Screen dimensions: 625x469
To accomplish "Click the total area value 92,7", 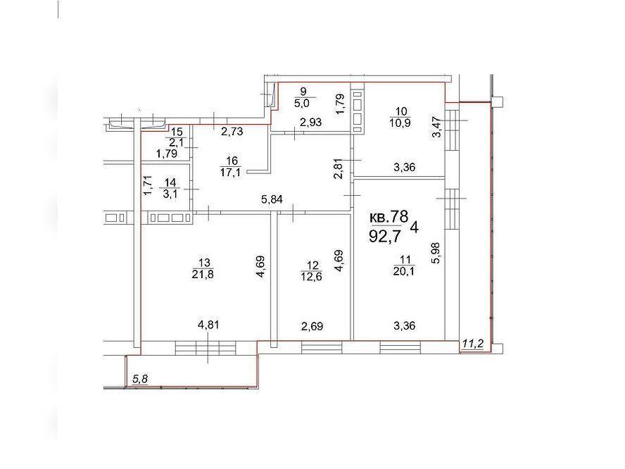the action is [x=385, y=237].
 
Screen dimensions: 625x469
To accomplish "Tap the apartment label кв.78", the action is [x=389, y=217].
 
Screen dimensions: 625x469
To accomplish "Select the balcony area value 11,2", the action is [x=473, y=344].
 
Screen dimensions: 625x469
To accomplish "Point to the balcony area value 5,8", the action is [x=140, y=378].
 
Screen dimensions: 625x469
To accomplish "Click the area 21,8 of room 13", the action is [x=203, y=275].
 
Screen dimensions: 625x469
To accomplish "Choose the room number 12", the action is [x=313, y=265].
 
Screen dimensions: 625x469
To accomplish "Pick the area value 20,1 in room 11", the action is [x=405, y=271].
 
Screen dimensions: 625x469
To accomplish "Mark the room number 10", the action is [x=401, y=112].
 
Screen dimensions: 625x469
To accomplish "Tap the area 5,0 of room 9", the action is [x=303, y=104].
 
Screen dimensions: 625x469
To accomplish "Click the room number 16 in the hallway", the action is [x=232, y=161].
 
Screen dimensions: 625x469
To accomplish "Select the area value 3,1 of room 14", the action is [x=170, y=194].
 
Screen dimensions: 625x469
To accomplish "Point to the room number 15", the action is [x=177, y=132].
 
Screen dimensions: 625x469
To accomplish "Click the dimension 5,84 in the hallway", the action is [x=272, y=199].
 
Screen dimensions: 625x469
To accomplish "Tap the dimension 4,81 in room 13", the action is [x=208, y=325].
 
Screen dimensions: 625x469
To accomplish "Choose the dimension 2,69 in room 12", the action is [x=312, y=327].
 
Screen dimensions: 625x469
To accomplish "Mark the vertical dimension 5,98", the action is [x=436, y=253].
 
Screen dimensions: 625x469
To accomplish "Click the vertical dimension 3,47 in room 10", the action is [x=437, y=127].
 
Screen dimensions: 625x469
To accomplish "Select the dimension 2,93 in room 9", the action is [x=310, y=123].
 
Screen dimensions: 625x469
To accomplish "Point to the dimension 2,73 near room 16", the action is [x=232, y=131].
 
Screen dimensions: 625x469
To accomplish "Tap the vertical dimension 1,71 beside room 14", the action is [x=148, y=186].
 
